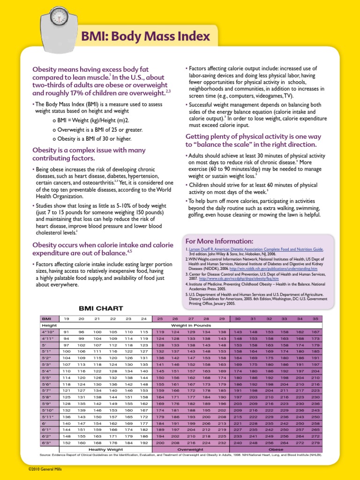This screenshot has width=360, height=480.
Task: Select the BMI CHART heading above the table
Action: pos(101,308)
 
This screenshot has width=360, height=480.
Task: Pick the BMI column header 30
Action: pos(238,319)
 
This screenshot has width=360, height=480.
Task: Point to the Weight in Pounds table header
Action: pos(191,325)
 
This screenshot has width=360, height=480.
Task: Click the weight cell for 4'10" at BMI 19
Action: pos(66,331)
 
